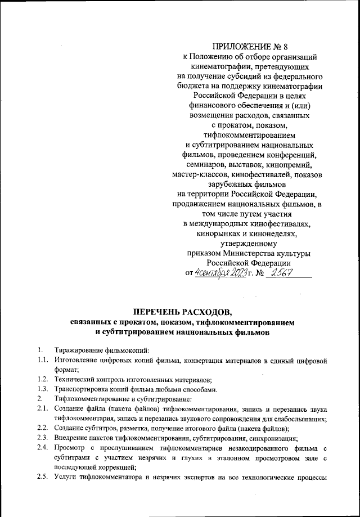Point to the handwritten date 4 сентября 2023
tap(219, 273)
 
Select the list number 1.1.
tap(42, 359)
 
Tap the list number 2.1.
tap(42, 410)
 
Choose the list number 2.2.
tap(42, 430)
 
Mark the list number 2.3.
tap(42, 439)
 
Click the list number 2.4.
tap(42, 449)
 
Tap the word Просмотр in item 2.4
tap(70, 449)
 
